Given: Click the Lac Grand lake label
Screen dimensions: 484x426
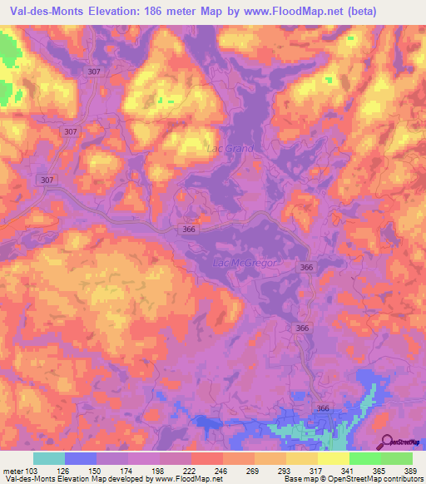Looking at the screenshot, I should (x=229, y=149).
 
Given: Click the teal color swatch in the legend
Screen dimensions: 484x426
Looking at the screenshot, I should (x=49, y=458).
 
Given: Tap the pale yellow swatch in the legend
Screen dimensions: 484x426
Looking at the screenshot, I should (x=334, y=458).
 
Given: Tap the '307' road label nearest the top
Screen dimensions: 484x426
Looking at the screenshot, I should (x=95, y=72).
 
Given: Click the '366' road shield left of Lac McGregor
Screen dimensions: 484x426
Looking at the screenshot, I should (x=190, y=229).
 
